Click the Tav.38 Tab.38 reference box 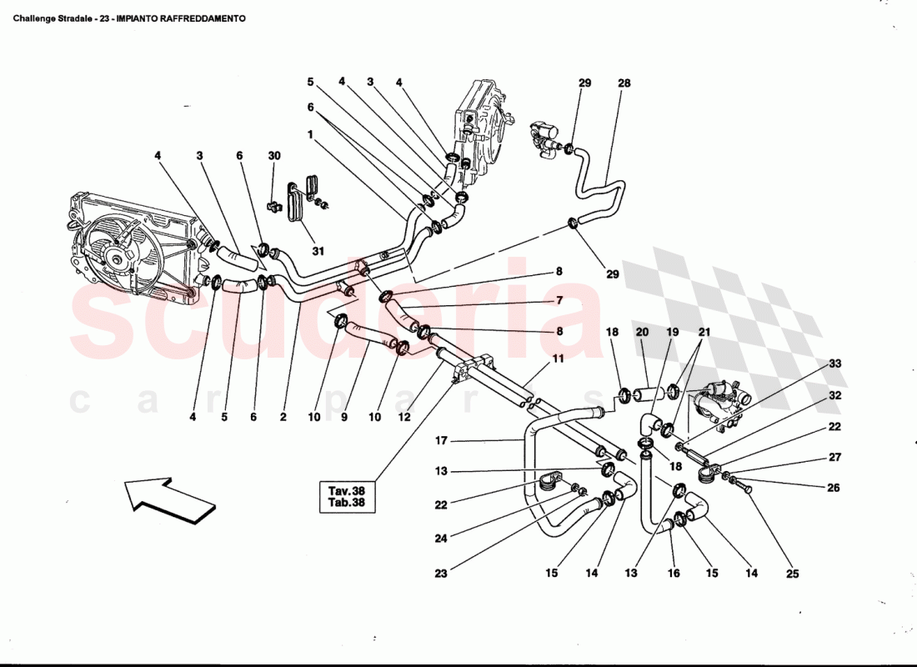(x=348, y=497)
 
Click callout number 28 (x=624, y=83)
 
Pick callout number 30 (x=274, y=156)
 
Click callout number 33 (x=834, y=364)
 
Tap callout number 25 (x=792, y=574)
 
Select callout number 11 (x=558, y=359)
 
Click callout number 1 (x=309, y=133)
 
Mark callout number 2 (x=283, y=417)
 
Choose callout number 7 (x=559, y=300)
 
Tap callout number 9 (x=344, y=417)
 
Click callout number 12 (x=404, y=417)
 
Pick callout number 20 (x=642, y=332)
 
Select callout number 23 (x=440, y=574)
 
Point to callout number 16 (x=674, y=574)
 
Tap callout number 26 (x=834, y=488)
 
